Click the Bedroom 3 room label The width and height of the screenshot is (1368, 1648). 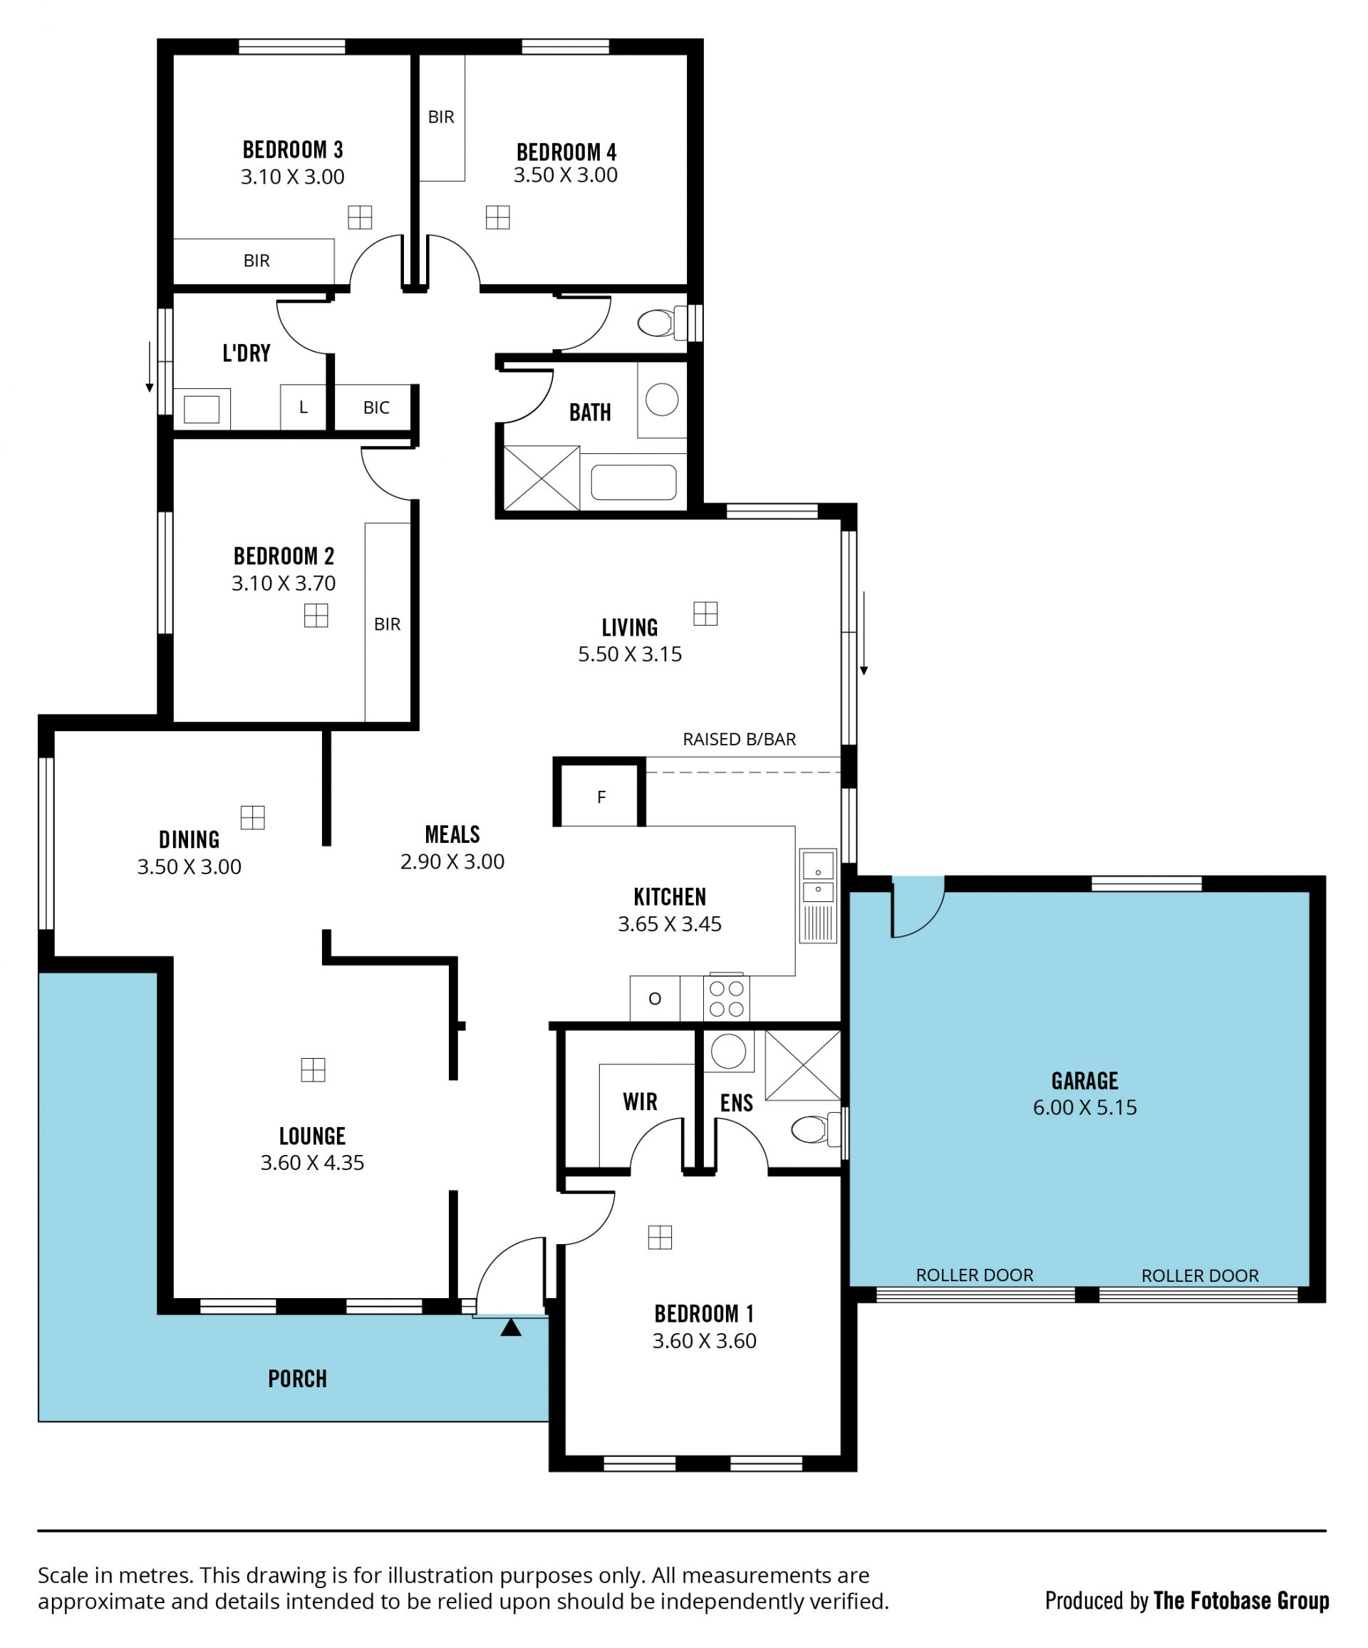293,149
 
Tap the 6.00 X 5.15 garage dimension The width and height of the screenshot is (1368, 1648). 1084,1107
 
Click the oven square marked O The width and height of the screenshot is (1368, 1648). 655,999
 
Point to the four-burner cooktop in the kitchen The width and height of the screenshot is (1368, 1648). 727,998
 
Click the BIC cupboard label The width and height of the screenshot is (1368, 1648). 376,408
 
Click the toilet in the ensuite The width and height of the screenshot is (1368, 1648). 814,1129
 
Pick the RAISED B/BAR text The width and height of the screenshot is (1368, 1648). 740,740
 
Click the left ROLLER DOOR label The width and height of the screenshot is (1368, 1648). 975,1275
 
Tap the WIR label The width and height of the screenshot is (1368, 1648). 641,1102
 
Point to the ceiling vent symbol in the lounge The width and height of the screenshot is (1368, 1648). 313,1069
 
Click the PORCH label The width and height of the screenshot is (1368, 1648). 297,1379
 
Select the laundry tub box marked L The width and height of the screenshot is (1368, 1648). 303,408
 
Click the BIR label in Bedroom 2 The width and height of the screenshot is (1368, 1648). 387,625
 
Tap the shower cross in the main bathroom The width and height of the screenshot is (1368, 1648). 541,478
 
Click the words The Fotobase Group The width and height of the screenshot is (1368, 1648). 1241,1600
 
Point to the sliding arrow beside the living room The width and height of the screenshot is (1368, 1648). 864,633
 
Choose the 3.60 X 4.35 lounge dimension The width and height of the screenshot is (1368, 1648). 312,1162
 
